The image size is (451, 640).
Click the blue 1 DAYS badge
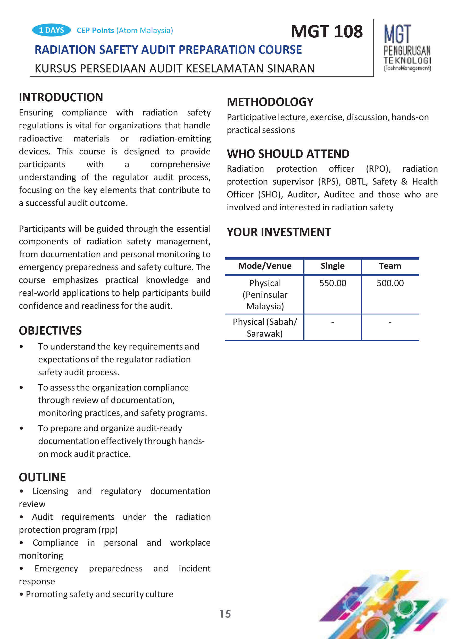point(51,30)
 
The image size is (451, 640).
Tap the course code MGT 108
point(327,31)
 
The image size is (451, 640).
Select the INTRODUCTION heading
point(61,97)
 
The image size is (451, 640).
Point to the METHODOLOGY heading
point(270,102)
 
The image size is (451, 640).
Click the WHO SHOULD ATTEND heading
point(288,154)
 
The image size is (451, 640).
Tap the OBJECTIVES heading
point(50,331)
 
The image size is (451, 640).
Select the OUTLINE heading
point(42,477)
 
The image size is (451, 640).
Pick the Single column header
point(332,266)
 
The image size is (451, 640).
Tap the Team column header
point(390,266)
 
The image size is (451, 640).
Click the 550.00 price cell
point(332,283)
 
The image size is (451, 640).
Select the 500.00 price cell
point(390,283)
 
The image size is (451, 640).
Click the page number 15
point(225,614)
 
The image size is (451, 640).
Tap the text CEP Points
point(95,30)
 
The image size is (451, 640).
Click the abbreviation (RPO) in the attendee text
point(378,169)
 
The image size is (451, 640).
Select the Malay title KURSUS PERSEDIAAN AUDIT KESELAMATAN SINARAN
point(174,69)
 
